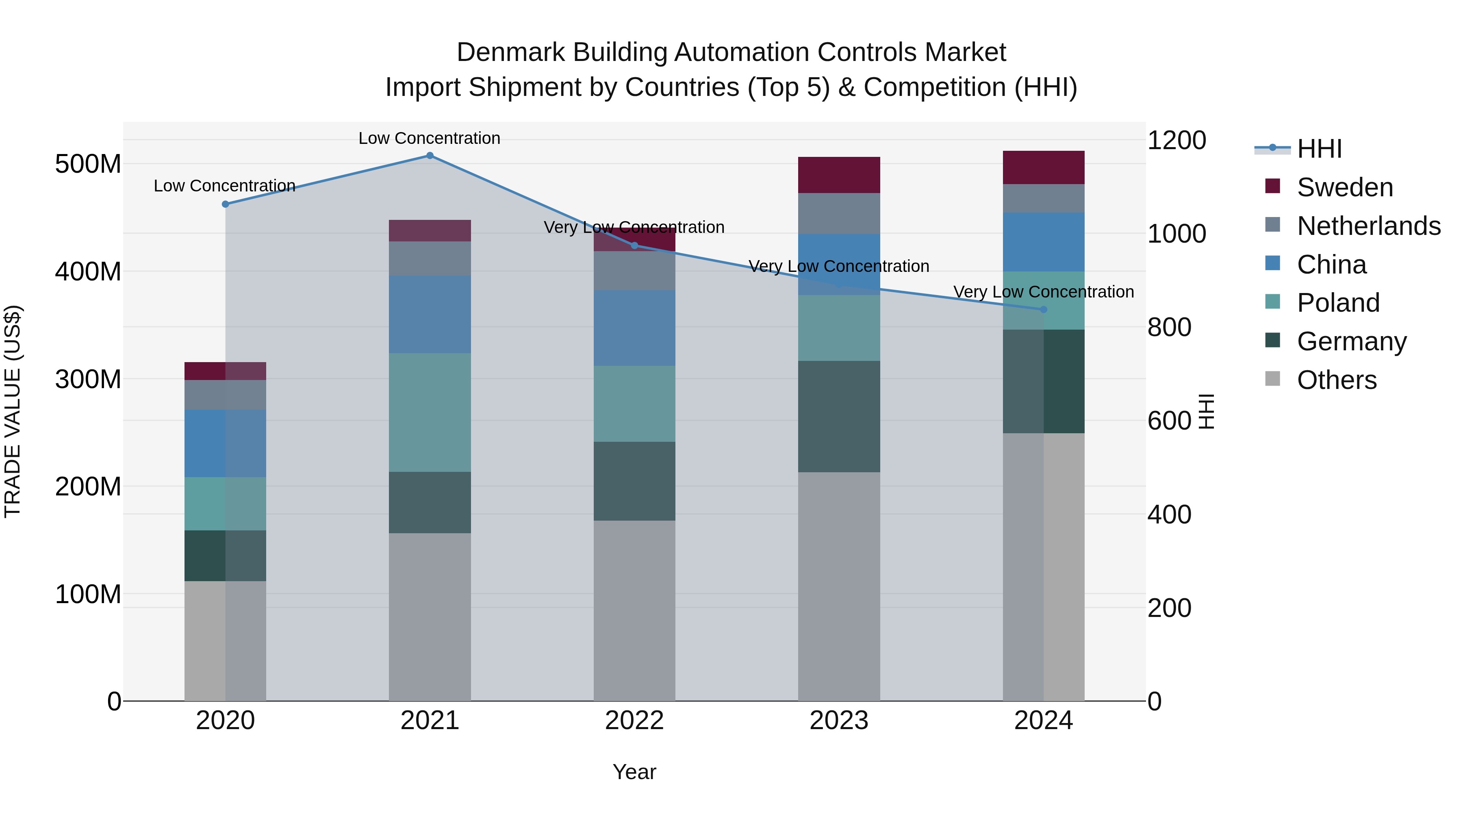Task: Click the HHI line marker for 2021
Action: pyautogui.click(x=430, y=156)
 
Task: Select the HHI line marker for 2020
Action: pyautogui.click(x=226, y=204)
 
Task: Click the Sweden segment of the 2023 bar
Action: pyautogui.click(x=839, y=175)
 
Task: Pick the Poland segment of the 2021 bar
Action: pyautogui.click(x=430, y=413)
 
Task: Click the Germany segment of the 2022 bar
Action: pyautogui.click(x=634, y=481)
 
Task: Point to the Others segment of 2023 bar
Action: pyautogui.click(x=839, y=586)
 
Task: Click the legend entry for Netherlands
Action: pyautogui.click(x=1368, y=226)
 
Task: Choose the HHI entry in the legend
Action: pyautogui.click(x=1319, y=149)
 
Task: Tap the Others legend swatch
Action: pyautogui.click(x=1273, y=379)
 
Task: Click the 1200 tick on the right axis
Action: pyautogui.click(x=1177, y=140)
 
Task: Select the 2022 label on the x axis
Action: pyautogui.click(x=634, y=721)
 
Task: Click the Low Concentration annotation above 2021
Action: pyautogui.click(x=430, y=138)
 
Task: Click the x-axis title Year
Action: pyautogui.click(x=634, y=772)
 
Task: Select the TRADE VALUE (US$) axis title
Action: pyautogui.click(x=13, y=411)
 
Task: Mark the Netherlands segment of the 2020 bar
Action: pyautogui.click(x=226, y=395)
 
